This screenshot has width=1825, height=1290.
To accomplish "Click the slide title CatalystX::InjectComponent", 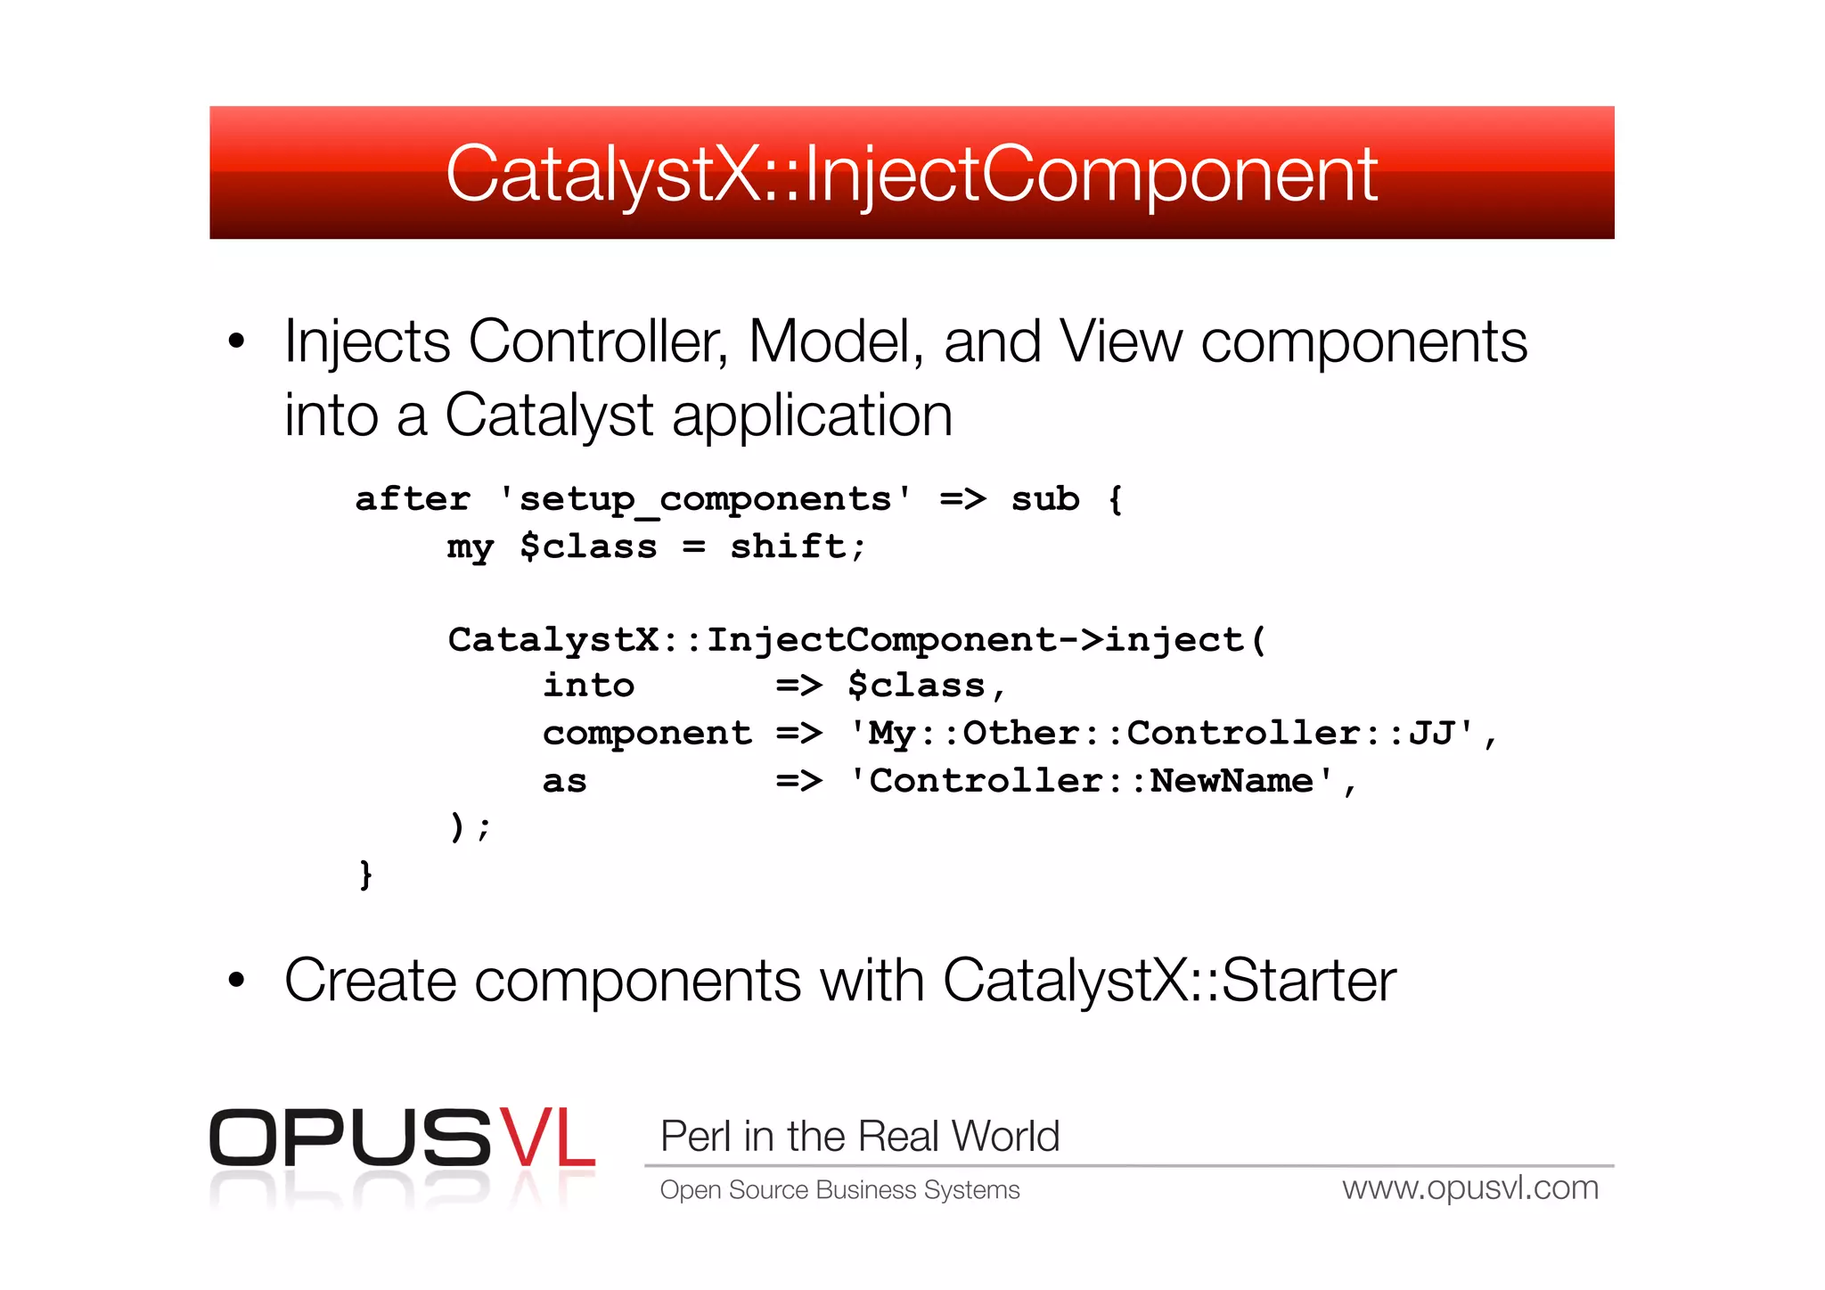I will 911,175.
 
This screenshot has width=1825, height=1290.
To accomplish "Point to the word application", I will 812,416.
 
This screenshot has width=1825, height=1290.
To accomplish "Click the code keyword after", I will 413,499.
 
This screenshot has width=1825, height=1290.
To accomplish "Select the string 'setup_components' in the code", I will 705,499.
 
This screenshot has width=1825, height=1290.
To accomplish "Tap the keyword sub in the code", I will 1044,499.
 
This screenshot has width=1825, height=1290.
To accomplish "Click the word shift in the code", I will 787,546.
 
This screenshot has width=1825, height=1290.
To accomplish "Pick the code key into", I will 588,686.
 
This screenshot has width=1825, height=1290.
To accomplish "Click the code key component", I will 647,734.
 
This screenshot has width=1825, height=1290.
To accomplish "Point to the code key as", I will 565,782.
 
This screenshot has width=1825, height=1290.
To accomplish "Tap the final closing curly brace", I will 365,875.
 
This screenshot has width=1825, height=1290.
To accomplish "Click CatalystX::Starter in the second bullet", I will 1168,981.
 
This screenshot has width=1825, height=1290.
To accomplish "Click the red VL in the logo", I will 546,1138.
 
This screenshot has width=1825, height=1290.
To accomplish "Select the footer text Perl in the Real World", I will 860,1137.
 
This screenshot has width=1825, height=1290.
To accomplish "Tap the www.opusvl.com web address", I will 1470,1188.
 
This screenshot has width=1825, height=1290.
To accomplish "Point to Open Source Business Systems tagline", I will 839,1190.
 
